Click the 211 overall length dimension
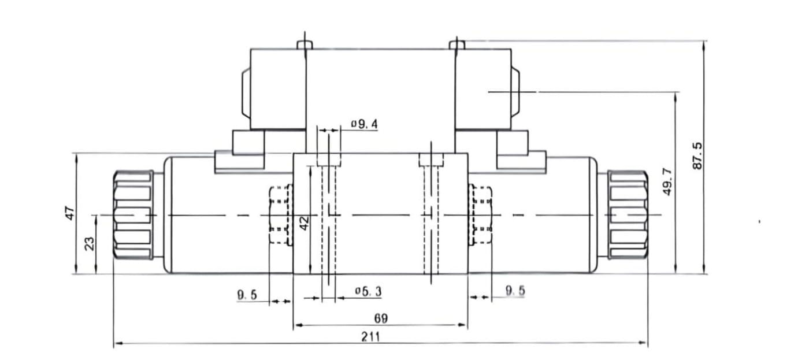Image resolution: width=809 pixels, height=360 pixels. click(370, 337)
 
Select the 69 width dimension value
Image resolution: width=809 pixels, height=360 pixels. click(380, 318)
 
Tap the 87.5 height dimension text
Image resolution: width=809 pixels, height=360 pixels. click(697, 156)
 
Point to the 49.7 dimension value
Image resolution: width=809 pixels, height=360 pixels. click(667, 181)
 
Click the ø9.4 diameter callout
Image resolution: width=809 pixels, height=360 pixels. click(364, 124)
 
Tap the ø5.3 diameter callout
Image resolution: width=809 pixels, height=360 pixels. click(368, 292)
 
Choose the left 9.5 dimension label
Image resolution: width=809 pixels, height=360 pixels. click(247, 295)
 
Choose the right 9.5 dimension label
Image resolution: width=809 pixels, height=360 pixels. click(515, 291)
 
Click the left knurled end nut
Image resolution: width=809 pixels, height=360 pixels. click(133, 215)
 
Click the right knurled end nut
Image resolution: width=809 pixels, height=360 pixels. click(628, 215)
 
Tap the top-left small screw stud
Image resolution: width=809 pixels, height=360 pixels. click(305, 44)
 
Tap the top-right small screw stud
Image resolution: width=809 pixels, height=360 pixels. click(457, 44)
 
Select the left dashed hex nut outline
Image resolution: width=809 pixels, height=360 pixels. click(279, 215)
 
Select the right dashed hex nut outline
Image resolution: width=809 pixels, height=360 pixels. click(481, 215)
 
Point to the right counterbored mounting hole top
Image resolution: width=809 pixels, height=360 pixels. click(431, 159)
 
